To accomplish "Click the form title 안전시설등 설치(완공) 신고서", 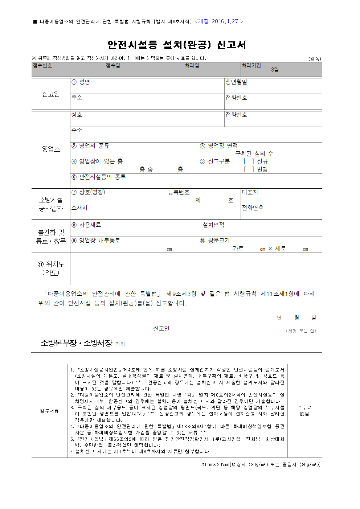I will pos(177,45).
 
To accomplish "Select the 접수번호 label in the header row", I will pos(42,66).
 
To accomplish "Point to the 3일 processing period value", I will pos(275,69).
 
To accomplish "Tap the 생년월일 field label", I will pos(236,82).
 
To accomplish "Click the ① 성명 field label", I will pos(81,82).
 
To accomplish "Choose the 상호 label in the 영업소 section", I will pos(77,115).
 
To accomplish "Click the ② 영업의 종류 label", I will pos(90,146).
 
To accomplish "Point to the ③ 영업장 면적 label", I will pos(219,146).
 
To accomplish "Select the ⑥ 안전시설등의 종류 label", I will pos(98,177).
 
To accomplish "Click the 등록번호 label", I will pos(179,192).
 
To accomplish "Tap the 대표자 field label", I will pos(250,192).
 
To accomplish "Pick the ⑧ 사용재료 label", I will pos(86,225).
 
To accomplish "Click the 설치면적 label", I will pos(213,225).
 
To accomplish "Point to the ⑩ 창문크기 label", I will pos(215,241).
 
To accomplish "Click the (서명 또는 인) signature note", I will pos(301,331).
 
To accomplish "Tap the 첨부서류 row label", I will pos(49,411).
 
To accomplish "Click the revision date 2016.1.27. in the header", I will pos(219,21).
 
